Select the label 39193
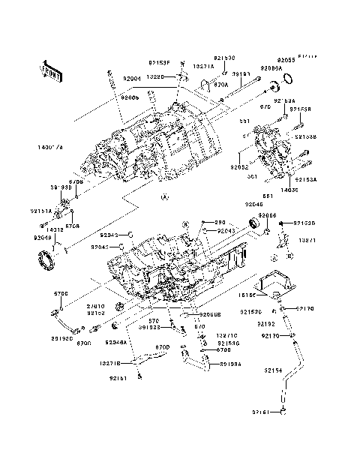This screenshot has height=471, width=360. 241,75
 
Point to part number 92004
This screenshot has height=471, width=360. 132,77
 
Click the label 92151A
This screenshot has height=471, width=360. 41,211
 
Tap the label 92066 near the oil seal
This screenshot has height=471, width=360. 268,215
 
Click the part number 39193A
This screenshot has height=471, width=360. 230,364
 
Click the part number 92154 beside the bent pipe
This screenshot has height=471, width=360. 274,370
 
